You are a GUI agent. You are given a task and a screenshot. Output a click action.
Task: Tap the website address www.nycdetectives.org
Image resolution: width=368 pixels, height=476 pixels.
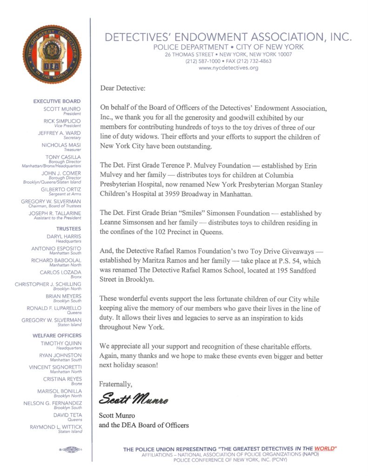228,68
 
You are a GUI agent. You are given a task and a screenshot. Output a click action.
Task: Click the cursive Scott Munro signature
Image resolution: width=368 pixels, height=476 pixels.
134,399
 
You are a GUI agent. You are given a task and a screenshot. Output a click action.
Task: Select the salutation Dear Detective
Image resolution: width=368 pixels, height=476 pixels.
122,87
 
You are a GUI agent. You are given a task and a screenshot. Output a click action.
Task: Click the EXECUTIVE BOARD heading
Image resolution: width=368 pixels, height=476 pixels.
57,101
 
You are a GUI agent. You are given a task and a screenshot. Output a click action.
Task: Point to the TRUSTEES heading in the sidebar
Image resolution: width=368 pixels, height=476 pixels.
68,229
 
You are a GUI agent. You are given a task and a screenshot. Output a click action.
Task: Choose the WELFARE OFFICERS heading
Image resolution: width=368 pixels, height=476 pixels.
57,335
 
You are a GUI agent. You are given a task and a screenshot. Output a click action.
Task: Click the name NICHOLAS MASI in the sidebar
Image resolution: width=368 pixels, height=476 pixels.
63,145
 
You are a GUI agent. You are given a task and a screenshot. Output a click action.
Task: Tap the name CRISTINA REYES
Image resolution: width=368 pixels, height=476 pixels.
62,379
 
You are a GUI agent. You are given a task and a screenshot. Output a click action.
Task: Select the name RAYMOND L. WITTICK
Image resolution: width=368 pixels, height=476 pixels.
55,427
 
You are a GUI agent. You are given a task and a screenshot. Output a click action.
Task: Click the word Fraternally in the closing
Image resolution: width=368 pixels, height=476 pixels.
116,384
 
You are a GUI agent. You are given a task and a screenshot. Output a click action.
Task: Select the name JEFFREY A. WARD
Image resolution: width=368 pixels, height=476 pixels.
60,133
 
